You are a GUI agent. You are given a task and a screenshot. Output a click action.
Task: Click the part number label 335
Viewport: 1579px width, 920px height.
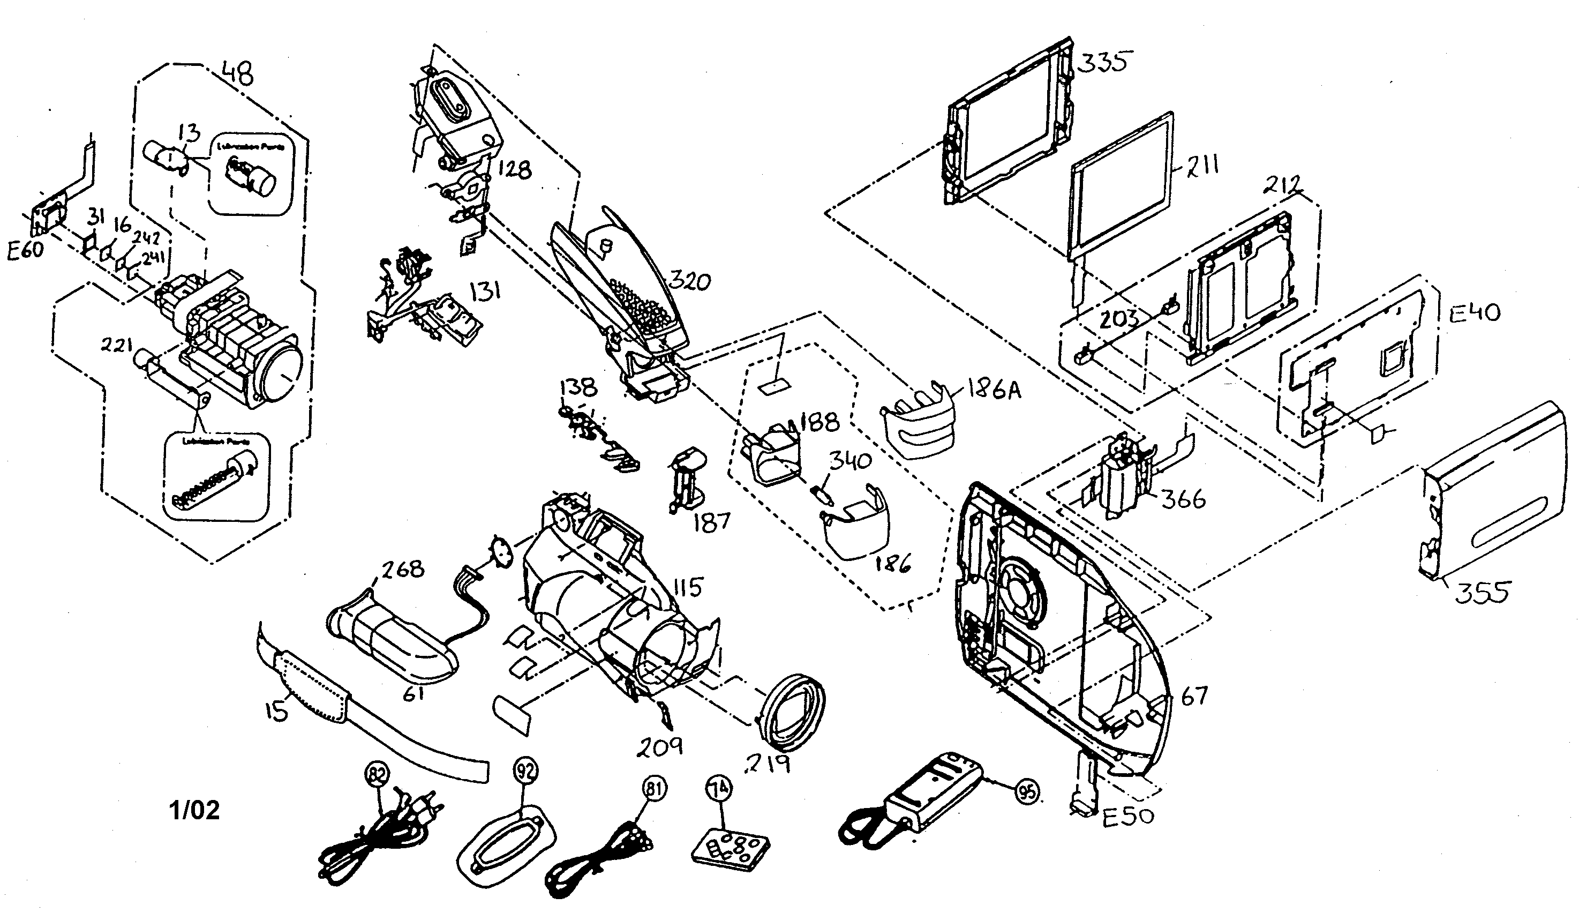point(1104,63)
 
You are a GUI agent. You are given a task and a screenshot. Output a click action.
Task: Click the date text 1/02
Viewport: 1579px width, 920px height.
point(195,810)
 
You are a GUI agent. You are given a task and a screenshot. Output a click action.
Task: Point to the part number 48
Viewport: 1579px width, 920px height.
point(238,74)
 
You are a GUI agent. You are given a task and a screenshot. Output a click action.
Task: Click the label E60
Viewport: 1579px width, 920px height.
point(25,250)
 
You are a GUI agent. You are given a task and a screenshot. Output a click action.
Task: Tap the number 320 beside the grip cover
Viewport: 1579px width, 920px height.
point(689,281)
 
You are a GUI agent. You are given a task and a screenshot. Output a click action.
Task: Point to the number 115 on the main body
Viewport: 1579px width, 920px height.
point(687,587)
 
